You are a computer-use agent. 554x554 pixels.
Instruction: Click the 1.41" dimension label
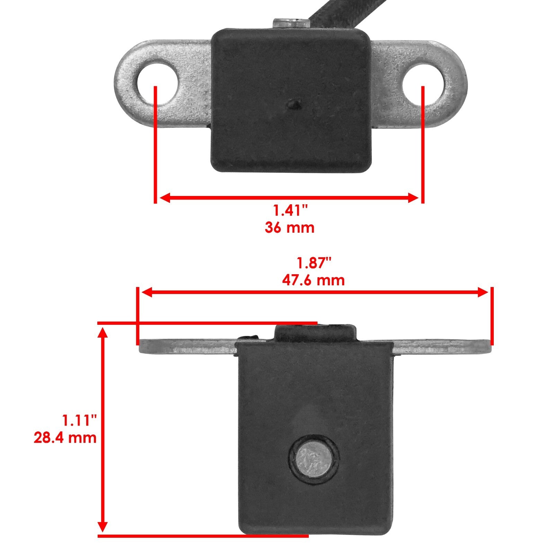pos(290,211)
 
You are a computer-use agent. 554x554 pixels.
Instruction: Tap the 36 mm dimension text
pos(290,228)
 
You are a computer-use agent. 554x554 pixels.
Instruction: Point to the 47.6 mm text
pos(313,280)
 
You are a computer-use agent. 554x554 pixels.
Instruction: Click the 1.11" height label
pos(79,420)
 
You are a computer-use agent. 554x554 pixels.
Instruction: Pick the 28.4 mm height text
pos(65,438)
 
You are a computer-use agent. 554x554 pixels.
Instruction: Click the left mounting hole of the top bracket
pos(158,83)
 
